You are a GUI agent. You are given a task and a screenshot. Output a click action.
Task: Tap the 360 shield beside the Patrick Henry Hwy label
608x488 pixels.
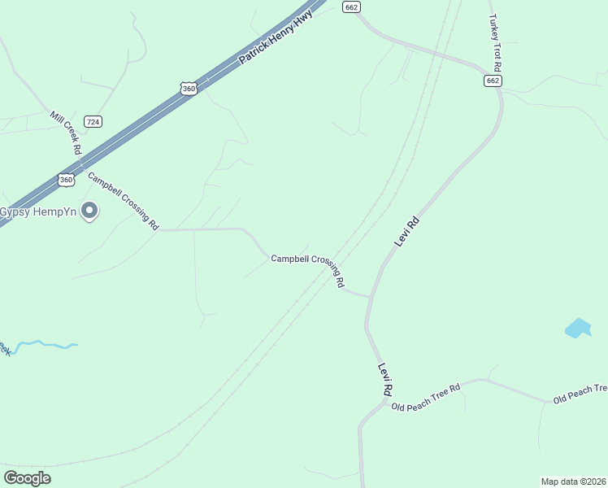click(189, 88)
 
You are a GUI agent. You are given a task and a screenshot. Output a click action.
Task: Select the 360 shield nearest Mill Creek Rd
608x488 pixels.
click(67, 179)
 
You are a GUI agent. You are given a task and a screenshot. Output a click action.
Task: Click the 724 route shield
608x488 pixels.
click(93, 121)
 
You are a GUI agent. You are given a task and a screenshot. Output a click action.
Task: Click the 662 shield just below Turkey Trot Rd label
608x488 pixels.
click(493, 81)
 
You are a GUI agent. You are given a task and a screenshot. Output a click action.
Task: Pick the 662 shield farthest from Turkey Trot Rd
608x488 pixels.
click(351, 7)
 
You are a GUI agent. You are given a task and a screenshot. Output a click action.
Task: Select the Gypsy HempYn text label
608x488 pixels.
click(37, 212)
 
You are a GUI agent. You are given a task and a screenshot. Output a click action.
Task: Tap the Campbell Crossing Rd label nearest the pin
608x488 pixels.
click(124, 201)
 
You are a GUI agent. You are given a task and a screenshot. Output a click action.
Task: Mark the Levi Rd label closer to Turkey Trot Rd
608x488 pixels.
click(406, 232)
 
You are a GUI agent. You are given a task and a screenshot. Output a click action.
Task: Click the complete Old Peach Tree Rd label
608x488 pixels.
click(425, 396)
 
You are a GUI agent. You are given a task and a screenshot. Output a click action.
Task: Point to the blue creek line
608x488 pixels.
click(45, 345)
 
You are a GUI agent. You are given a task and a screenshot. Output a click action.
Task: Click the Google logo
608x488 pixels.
click(27, 478)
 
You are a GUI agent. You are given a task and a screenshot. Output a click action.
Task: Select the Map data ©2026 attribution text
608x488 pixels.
click(572, 481)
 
